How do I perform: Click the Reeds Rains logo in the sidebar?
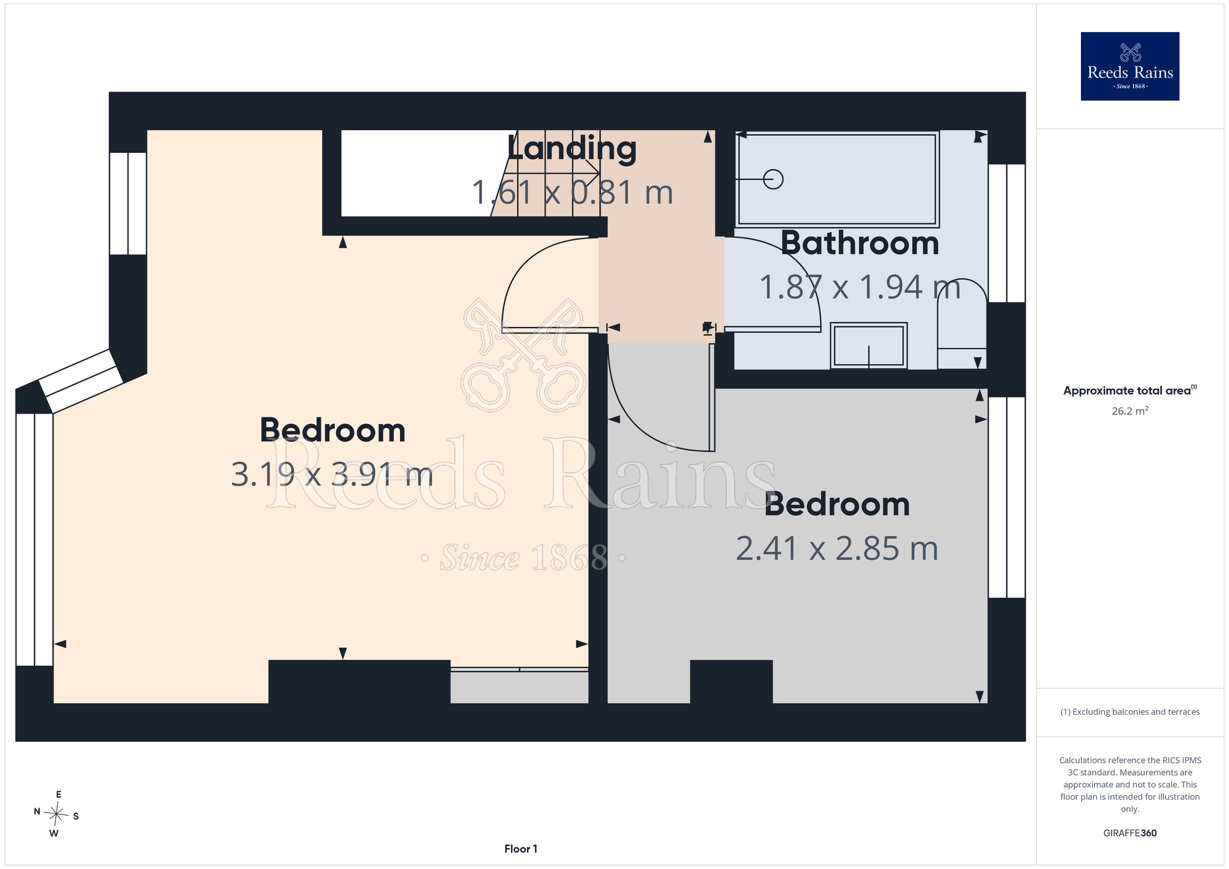point(1129,66)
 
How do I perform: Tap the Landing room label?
point(572,149)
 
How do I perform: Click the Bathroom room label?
point(860,243)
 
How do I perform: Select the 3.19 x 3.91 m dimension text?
point(332,475)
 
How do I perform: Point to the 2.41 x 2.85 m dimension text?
point(837,549)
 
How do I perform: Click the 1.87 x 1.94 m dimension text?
point(860,287)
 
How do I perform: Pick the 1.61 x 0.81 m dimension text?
point(572,193)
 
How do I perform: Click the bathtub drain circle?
point(773,179)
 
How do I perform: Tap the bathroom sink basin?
point(868,345)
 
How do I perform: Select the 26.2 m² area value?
point(1129,411)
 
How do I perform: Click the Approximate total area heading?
point(1129,391)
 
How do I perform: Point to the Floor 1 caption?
point(520,849)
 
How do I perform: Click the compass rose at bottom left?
point(57,814)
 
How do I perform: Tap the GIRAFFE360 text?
point(1129,833)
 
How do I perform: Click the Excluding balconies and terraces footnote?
point(1129,712)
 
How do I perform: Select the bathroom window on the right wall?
point(1007,233)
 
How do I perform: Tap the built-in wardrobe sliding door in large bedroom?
point(519,669)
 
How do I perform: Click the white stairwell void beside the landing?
point(418,173)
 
